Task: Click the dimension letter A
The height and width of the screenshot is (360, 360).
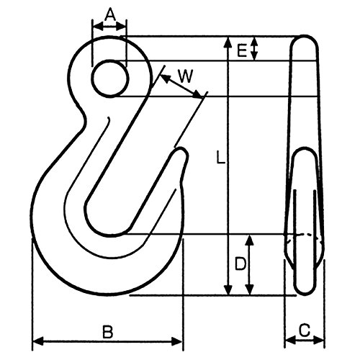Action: (110, 15)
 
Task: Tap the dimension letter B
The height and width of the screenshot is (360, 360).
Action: (107, 332)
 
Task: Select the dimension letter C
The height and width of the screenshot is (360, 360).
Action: (305, 330)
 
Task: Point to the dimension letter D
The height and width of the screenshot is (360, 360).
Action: (240, 264)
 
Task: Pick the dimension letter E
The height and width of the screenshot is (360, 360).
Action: (242, 50)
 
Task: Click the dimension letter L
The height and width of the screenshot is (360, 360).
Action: (220, 158)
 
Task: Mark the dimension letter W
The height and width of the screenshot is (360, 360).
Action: (186, 76)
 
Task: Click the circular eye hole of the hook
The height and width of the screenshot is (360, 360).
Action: (110, 78)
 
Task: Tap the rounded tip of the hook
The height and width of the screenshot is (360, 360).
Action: (181, 153)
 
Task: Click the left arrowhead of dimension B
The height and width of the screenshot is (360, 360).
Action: (38, 341)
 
